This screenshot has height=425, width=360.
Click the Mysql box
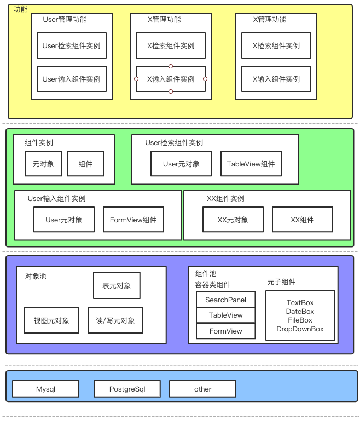pyautogui.click(x=46, y=389)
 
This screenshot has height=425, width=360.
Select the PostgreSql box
pyautogui.click(x=127, y=389)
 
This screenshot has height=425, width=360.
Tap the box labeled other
pyautogui.click(x=202, y=389)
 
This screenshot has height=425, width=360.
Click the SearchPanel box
pyautogui.click(x=226, y=300)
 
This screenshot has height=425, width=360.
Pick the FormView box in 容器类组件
pyautogui.click(x=226, y=331)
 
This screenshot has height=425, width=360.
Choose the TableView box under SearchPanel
pyautogui.click(x=226, y=315)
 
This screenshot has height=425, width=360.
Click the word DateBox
pyautogui.click(x=300, y=312)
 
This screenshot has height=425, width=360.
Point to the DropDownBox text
pyautogui.click(x=300, y=329)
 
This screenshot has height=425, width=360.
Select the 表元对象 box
pyautogui.click(x=117, y=285)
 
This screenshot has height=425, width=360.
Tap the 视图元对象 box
pyautogui.click(x=51, y=320)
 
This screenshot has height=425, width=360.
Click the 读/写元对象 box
pyautogui.click(x=115, y=320)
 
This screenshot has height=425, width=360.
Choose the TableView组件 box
pyautogui.click(x=251, y=164)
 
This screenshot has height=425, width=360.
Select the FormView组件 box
pyautogui.click(x=133, y=220)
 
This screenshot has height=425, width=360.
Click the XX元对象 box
pyautogui.click(x=233, y=220)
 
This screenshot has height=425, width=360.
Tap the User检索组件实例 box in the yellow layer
pyautogui.click(x=72, y=46)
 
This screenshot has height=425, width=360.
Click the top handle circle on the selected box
pyautogui.click(x=171, y=66)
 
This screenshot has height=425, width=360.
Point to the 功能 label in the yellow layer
pyautogui.click(x=20, y=9)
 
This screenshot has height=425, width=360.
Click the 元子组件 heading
pyautogui.click(x=281, y=282)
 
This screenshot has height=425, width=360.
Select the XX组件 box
pyautogui.click(x=302, y=220)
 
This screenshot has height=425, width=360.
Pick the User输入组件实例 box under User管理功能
pyautogui.click(x=72, y=79)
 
